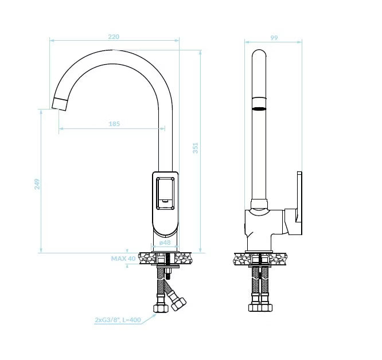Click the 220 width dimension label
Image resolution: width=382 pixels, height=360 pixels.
pos(114,37)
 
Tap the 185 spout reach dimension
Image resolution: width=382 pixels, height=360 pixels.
pos(114,124)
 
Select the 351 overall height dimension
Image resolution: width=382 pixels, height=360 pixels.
pos(196,148)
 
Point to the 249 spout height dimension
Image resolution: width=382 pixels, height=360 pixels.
pos(37,184)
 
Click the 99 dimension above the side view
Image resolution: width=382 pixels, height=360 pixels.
pos(274,38)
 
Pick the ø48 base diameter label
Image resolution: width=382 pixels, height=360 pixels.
pos(165,242)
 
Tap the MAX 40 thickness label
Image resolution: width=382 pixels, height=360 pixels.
pos(123,259)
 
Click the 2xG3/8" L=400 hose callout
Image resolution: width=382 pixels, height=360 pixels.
pos(118,320)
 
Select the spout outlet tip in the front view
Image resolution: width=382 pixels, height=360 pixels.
pos(60,104)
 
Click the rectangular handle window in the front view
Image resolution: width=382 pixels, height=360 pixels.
pos(165,193)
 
